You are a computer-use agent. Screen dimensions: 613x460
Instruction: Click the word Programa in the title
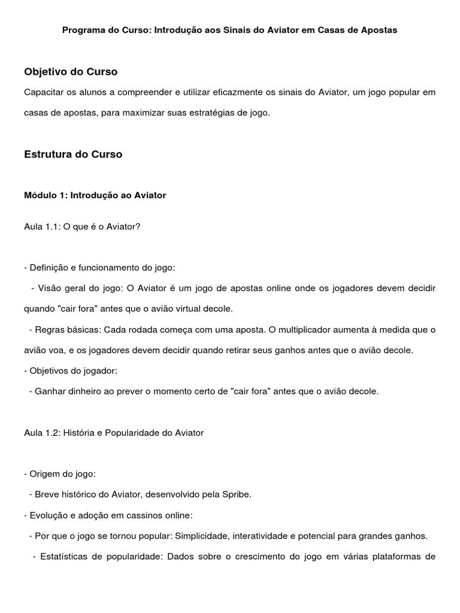click(82, 29)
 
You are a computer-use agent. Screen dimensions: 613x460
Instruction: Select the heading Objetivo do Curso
click(71, 72)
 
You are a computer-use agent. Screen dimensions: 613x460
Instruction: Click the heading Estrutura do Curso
click(73, 154)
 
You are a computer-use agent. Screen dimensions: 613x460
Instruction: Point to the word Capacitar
click(44, 92)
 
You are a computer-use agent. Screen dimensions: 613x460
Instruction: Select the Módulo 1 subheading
click(95, 195)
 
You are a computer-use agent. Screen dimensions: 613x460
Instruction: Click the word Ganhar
click(49, 392)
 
